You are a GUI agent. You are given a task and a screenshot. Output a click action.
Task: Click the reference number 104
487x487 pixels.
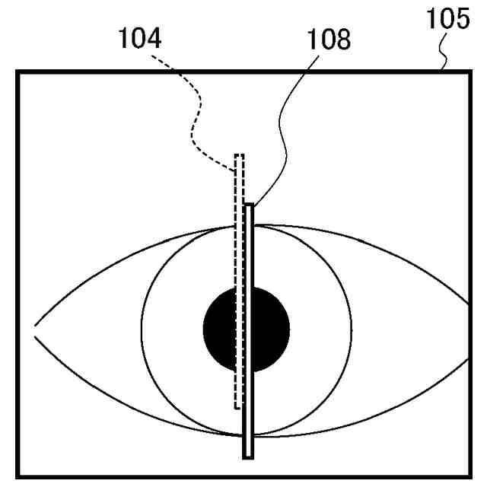tap(138, 38)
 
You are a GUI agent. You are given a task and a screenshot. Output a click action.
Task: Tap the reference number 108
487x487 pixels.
tap(329, 40)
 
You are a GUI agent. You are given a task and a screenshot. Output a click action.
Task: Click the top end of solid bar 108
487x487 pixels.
tap(248, 205)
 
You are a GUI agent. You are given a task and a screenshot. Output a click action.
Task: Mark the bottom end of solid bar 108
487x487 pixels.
tap(248, 457)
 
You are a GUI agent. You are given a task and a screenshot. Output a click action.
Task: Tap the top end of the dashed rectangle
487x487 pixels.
tap(239, 156)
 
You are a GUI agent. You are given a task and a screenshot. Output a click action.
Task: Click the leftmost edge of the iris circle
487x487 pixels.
tap(142, 329)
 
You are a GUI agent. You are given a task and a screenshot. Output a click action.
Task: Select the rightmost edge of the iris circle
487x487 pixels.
tap(352, 329)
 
